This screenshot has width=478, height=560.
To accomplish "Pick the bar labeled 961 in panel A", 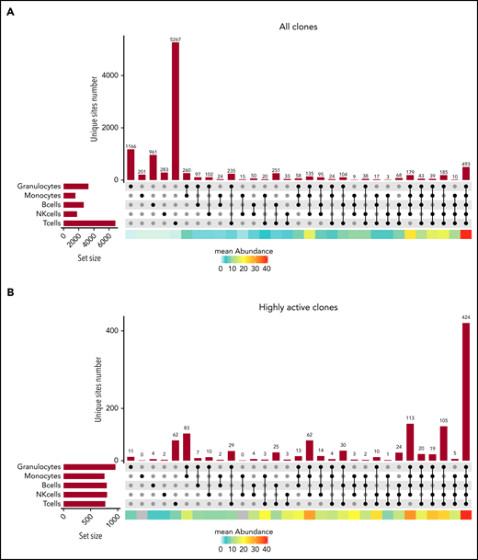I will pyautogui.click(x=153, y=167).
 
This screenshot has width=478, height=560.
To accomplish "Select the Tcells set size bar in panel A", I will pyautogui.click(x=89, y=223).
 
